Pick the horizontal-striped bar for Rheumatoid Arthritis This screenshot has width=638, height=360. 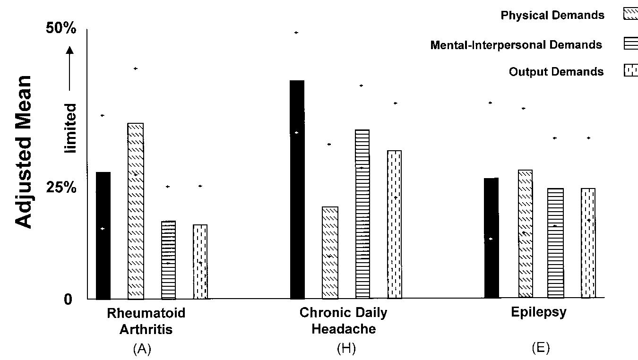(168, 260)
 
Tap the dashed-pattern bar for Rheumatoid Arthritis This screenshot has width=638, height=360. (200, 262)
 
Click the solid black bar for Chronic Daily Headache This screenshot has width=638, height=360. (297, 189)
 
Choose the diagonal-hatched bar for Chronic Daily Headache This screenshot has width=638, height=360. (330, 252)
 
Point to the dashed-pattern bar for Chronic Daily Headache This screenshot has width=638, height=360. (395, 224)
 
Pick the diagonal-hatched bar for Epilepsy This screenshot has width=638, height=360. (525, 233)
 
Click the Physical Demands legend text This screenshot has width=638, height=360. (552, 15)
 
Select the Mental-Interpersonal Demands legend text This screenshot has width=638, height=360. (516, 45)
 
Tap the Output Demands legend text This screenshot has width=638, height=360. (556, 72)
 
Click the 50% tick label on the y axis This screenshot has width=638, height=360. (61, 28)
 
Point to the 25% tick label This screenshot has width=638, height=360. (61, 188)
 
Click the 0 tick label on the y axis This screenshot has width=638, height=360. (69, 300)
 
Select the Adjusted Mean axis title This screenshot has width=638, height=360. (24, 151)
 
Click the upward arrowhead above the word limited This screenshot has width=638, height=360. (70, 50)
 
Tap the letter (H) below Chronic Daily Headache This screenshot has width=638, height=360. (346, 349)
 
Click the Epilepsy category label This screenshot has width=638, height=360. (539, 312)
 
